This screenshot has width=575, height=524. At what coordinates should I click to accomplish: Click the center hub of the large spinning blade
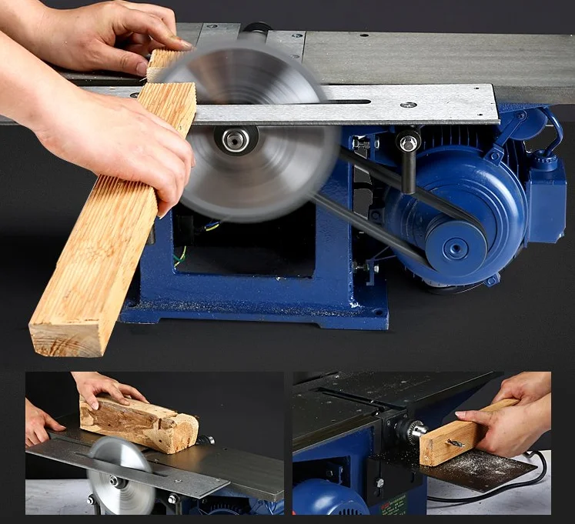pyautogui.click(x=235, y=139)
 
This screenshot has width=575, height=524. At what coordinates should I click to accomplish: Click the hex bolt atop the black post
pyautogui.click(x=408, y=142)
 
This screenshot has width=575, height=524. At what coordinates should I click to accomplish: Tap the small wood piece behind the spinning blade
pyautogui.click(x=165, y=62)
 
